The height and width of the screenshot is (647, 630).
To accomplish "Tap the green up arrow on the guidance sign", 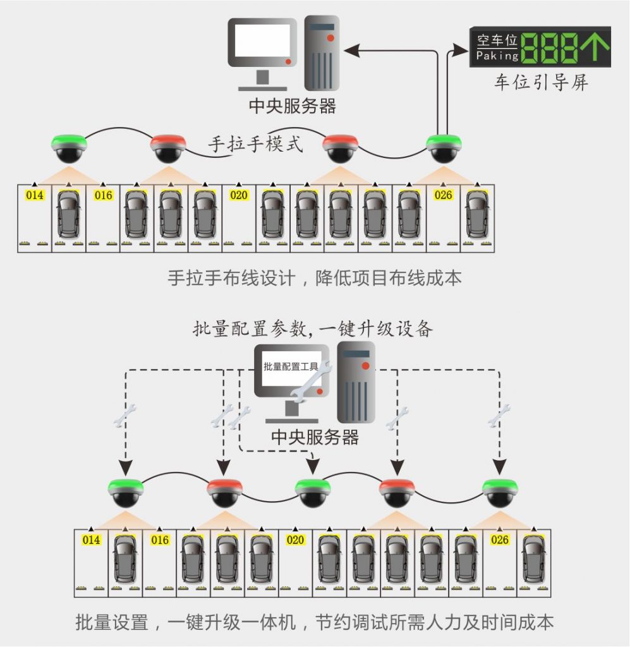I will pyautogui.click(x=596, y=47).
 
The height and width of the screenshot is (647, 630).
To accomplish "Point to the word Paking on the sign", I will pyautogui.click(x=497, y=56).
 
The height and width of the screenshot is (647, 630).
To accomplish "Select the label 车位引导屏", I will pyautogui.click(x=541, y=83).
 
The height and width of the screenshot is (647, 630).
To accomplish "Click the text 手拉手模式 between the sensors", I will pyautogui.click(x=255, y=143).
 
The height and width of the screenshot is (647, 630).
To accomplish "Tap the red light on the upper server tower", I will pyautogui.click(x=330, y=39).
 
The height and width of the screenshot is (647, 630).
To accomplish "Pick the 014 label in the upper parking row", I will pyautogui.click(x=34, y=195).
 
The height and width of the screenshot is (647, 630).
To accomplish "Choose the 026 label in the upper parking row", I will pyautogui.click(x=444, y=195).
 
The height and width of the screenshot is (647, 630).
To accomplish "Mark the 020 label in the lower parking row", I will pyautogui.click(x=295, y=540).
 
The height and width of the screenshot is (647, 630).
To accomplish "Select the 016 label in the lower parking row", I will pyautogui.click(x=160, y=540).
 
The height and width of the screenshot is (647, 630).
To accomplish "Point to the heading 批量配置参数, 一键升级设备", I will pyautogui.click(x=313, y=329).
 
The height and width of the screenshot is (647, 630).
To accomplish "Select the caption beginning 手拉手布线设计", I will pyautogui.click(x=315, y=278).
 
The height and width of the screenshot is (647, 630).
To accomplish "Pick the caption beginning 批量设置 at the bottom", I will pyautogui.click(x=314, y=622).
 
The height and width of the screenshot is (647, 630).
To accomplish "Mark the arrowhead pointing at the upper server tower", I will pyautogui.click(x=349, y=48).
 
